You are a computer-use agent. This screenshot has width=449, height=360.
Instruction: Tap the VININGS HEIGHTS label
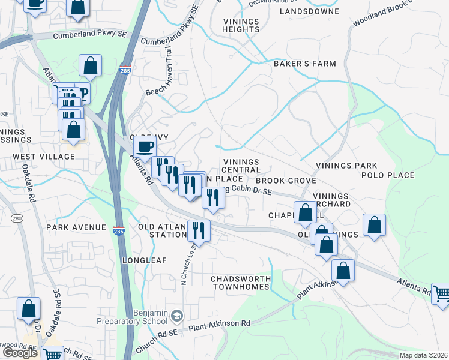click(240, 25)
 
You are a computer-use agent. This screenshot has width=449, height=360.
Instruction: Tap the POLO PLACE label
click(388, 175)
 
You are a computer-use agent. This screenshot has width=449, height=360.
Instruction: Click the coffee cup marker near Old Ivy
click(145, 146)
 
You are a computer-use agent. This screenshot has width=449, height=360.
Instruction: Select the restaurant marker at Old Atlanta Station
click(199, 230)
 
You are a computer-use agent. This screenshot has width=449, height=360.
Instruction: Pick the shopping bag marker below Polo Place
click(374, 226)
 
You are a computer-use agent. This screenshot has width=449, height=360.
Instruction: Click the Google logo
click(20, 353)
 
